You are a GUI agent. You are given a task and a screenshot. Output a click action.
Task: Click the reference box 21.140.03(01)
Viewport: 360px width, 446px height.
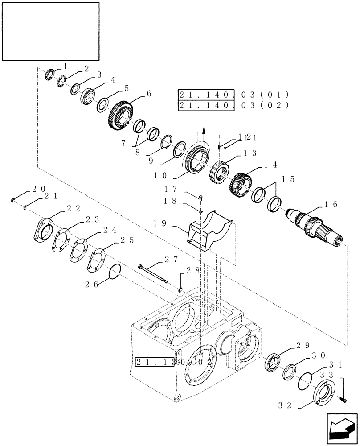233,95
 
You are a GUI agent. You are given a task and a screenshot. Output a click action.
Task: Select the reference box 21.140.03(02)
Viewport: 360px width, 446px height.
233,105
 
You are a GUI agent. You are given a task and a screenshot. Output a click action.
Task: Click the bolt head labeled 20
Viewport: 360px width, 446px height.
14,200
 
